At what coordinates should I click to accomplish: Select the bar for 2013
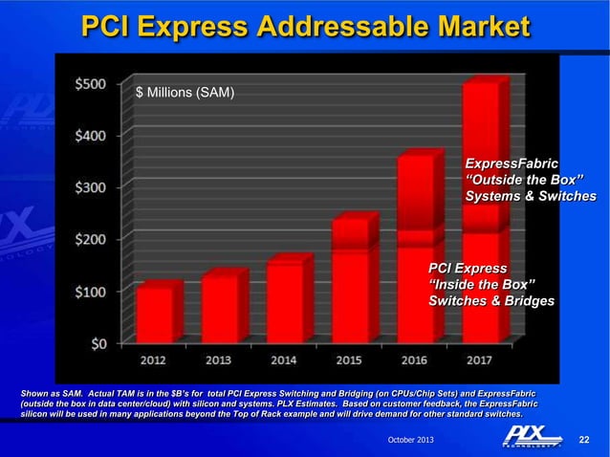[x=219, y=307]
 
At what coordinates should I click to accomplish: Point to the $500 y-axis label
[x=92, y=84]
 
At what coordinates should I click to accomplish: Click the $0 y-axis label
[x=98, y=342]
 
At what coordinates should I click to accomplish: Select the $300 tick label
[x=92, y=186]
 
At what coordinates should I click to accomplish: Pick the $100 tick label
[x=92, y=291]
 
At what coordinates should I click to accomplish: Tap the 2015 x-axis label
[x=348, y=360]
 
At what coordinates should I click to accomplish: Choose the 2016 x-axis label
[x=413, y=360]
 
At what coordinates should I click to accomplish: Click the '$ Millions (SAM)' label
[x=185, y=93]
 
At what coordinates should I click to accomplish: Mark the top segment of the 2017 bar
[x=480, y=143]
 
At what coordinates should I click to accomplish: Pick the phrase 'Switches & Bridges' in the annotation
[x=490, y=301]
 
